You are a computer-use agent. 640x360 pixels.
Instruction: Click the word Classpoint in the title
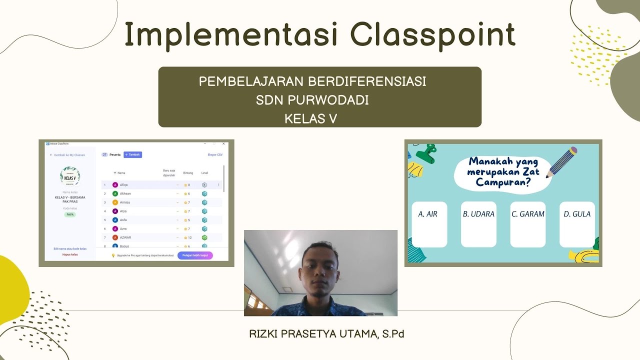tap(432, 35)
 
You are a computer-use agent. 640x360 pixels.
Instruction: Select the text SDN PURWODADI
tap(312, 100)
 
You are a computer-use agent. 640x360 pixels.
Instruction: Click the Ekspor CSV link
tap(215, 155)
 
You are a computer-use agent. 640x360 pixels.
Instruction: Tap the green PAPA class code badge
tap(70, 214)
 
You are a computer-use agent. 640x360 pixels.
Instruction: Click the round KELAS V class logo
tap(70, 176)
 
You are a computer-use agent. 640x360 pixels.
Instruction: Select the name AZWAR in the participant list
tap(125, 237)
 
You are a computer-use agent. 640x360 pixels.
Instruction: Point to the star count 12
tap(188, 237)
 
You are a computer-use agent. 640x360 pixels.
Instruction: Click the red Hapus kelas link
tap(70, 254)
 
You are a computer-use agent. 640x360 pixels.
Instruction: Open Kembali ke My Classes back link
tap(68, 155)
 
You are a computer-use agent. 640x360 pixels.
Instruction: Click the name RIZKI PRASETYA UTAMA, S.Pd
tap(326, 334)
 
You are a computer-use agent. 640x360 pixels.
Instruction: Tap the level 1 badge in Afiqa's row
tap(204, 185)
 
